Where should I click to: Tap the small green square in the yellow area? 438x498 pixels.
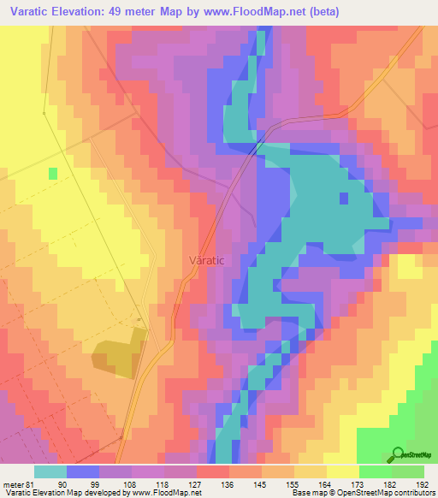53,173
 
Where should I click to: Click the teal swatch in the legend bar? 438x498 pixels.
50,471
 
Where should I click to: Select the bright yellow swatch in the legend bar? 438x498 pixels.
343,471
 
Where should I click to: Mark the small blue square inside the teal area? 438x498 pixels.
344,199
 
